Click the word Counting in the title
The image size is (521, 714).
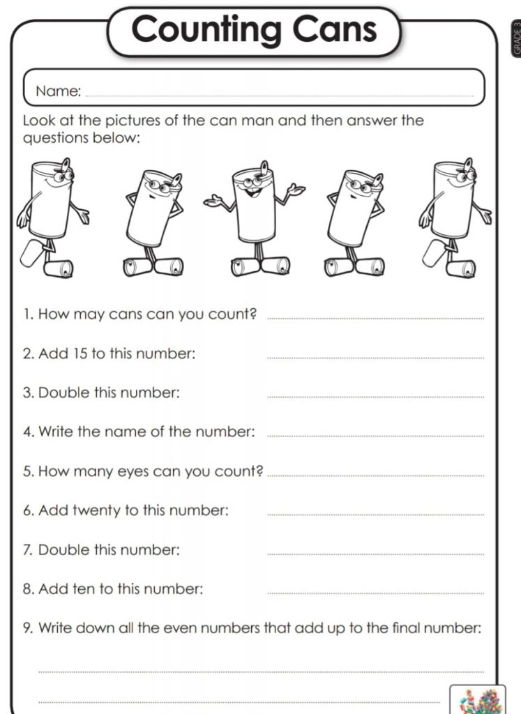[206, 29]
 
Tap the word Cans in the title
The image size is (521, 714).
[335, 29]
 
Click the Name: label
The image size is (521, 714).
[59, 91]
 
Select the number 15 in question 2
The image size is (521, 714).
[80, 354]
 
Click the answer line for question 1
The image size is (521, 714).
[375, 319]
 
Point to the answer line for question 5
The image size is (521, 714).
[375, 476]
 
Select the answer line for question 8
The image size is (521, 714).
[375, 593]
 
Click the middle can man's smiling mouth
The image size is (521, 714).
[251, 192]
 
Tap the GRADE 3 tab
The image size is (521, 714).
[516, 39]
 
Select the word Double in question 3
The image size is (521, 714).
[63, 393]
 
